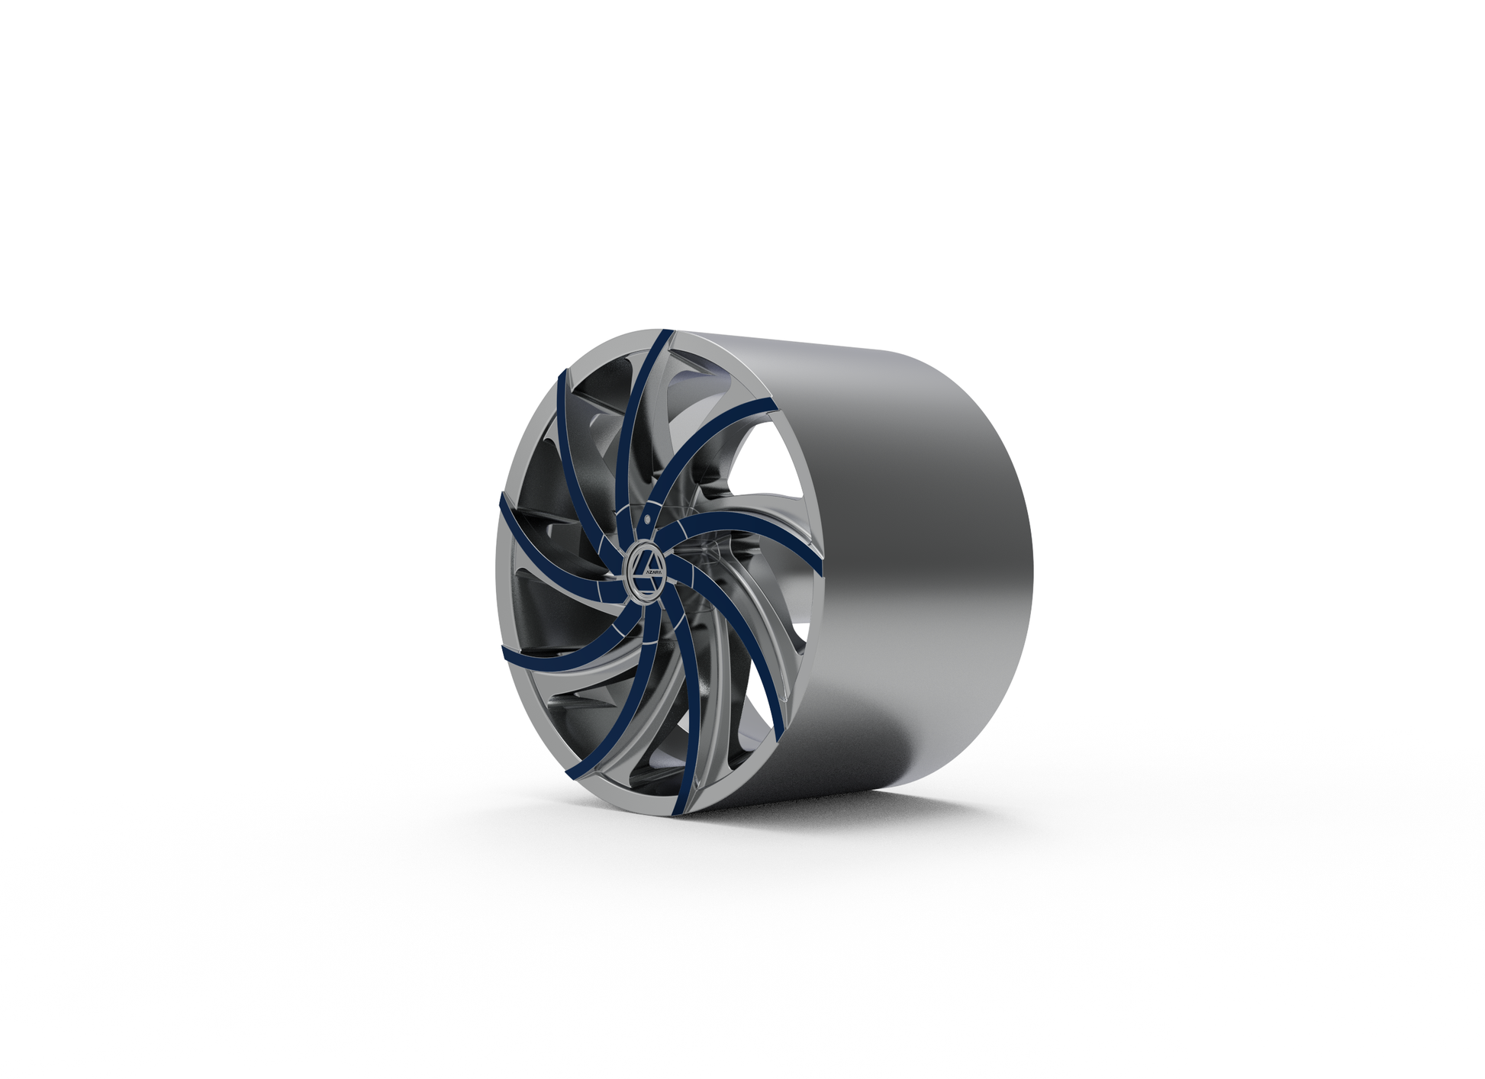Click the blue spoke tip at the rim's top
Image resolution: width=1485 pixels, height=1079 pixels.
(666, 336)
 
